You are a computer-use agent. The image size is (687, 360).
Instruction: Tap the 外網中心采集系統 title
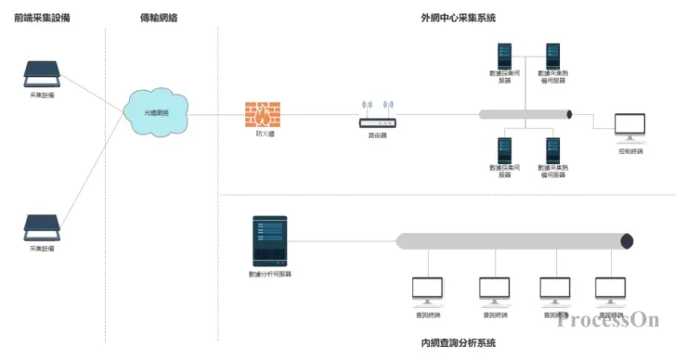coord(458,17)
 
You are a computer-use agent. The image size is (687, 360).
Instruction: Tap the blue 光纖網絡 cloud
coord(156,110)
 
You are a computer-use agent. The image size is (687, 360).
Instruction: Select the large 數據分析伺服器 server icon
coord(269,241)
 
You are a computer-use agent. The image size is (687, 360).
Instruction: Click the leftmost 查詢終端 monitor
coord(428,290)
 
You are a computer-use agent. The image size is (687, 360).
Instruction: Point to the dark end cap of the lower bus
coord(628,241)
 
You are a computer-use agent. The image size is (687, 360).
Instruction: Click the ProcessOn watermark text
coord(608,319)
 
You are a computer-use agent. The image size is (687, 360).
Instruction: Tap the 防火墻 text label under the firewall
coord(265,135)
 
